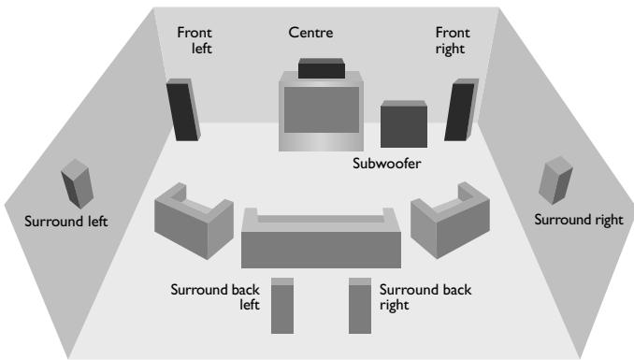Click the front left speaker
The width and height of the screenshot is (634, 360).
[183, 110]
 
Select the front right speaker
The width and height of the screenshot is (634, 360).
[461, 110]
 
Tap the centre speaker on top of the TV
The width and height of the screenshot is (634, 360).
[322, 68]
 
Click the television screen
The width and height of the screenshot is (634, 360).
[322, 109]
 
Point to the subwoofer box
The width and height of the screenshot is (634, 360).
[404, 124]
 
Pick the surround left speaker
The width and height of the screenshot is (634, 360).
[77, 183]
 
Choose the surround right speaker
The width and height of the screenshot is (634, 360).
[555, 180]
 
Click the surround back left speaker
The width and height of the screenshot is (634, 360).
[282, 306]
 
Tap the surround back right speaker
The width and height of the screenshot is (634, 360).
[360, 306]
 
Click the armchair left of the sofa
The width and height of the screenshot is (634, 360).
[194, 221]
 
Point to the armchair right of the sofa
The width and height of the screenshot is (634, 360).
[450, 221]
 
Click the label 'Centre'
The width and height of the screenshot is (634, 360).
[311, 33]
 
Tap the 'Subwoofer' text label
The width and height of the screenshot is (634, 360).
[386, 164]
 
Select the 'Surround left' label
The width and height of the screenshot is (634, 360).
[65, 222]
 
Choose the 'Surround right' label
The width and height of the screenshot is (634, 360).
[579, 220]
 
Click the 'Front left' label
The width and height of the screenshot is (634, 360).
[195, 40]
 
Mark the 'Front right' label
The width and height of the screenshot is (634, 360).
[453, 41]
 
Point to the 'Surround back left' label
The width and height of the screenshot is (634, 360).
[215, 297]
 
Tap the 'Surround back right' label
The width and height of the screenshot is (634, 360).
[425, 297]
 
